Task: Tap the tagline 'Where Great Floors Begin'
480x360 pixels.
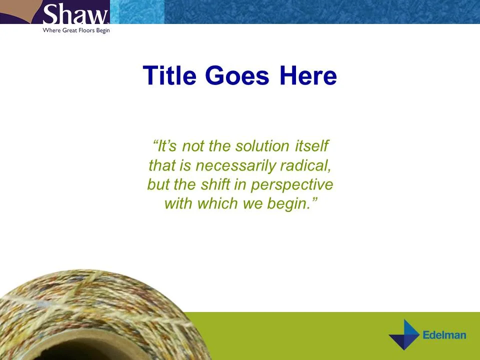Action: coord(76,30)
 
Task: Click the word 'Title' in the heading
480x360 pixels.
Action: coord(170,76)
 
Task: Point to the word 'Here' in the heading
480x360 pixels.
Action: coord(308,76)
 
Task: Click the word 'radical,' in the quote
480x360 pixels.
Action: coord(305,165)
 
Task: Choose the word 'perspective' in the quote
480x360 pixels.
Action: coord(291,184)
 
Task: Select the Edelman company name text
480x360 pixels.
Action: coord(444,335)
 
